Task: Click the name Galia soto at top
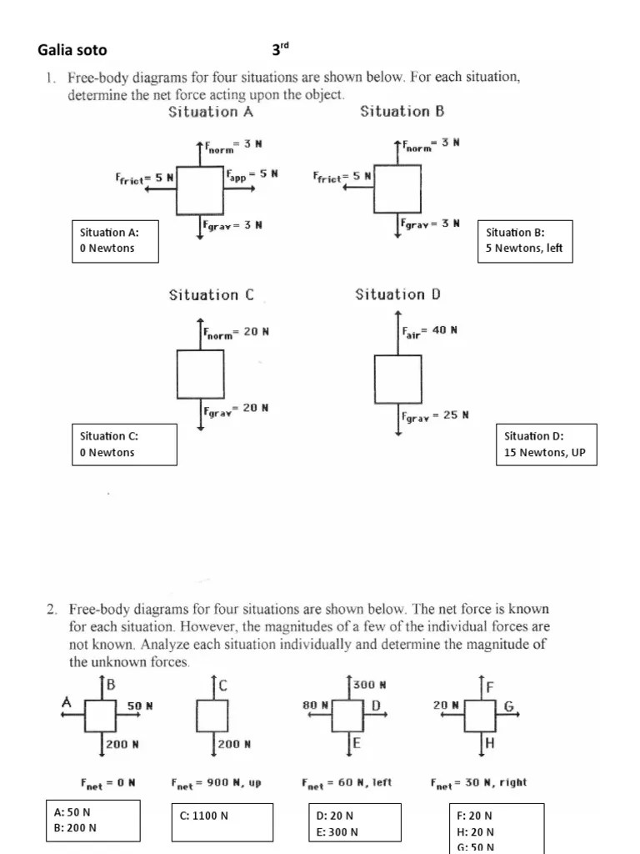pyautogui.click(x=72, y=50)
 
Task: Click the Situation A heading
pyautogui.click(x=211, y=112)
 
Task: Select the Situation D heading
pyautogui.click(x=397, y=294)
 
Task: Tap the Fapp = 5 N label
pyautogui.click(x=252, y=174)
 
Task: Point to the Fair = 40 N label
pyautogui.click(x=429, y=331)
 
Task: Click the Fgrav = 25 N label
pyautogui.click(x=435, y=415)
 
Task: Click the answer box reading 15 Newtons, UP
pyautogui.click(x=546, y=445)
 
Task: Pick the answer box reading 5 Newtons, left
pyautogui.click(x=525, y=240)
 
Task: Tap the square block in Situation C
pyautogui.click(x=200, y=374)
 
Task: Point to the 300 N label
pyautogui.click(x=370, y=685)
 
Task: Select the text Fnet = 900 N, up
pyautogui.click(x=217, y=783)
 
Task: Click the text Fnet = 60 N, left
pyautogui.click(x=347, y=783)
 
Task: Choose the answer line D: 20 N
pyautogui.click(x=335, y=815)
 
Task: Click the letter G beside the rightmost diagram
pyautogui.click(x=508, y=706)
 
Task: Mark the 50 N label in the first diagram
pyautogui.click(x=140, y=706)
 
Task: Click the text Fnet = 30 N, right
pyautogui.click(x=478, y=783)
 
